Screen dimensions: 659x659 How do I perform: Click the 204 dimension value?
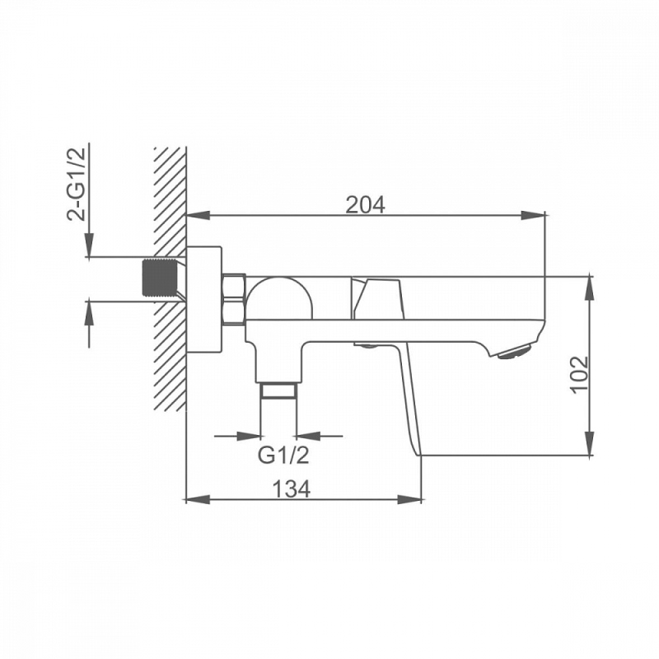pos(365,205)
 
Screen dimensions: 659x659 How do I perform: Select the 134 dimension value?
pos(292,488)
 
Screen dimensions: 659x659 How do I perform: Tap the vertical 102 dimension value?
pos(580,374)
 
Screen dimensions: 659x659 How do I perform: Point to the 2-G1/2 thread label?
pos(76,184)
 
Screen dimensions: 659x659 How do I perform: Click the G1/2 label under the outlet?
pos(283,456)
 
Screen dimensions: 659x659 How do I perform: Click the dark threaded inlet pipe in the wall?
pos(160,278)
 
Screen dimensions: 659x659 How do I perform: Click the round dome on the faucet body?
pos(279,297)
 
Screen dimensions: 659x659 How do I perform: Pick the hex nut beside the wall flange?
pos(234,299)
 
